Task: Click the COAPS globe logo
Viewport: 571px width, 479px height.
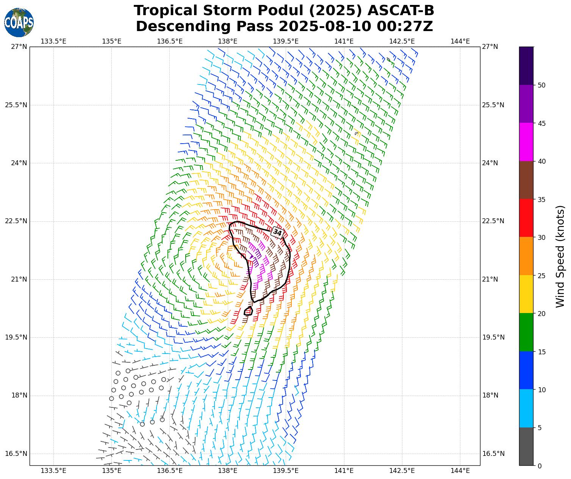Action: (19, 22)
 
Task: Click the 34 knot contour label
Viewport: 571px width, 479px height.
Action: (277, 233)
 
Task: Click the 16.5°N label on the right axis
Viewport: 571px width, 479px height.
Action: (493, 454)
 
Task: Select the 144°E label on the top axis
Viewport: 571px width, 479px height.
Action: (460, 41)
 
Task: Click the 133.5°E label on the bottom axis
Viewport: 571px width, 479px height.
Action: (53, 471)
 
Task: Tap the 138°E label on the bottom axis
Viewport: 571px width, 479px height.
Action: (228, 471)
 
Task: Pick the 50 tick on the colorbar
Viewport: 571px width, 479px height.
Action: (541, 85)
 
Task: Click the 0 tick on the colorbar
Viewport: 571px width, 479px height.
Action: (540, 466)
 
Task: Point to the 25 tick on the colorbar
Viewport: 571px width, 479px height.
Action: (541, 276)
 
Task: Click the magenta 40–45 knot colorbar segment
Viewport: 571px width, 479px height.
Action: (526, 142)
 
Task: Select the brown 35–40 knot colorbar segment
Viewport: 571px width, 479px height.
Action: (526, 180)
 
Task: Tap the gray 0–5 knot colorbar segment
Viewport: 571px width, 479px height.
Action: (526, 446)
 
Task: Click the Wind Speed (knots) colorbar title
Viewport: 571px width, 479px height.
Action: (560, 257)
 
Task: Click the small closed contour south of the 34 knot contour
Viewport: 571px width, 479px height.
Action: (249, 311)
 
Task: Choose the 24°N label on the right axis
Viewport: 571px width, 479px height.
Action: (490, 163)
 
